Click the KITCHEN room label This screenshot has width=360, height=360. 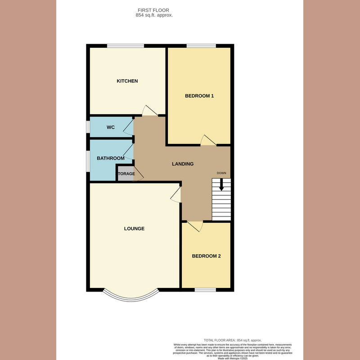tap(127, 81)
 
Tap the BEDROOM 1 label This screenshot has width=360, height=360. tap(199, 96)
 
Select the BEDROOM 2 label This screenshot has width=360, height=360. tap(206, 256)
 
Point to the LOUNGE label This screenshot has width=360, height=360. tap(134, 229)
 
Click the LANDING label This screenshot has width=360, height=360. tap(183, 164)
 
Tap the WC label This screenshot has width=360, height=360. tap(111, 127)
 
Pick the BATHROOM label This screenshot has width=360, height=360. tap(111, 158)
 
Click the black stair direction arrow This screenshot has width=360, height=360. tap(221, 184)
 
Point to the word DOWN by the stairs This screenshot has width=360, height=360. tap(221, 173)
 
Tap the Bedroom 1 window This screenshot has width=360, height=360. tap(201, 45)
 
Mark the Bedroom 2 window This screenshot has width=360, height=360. tap(205, 289)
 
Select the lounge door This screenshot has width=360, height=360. tap(176, 194)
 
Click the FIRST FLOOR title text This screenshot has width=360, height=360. tap(154, 10)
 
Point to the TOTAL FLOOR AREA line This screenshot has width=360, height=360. tap(233, 340)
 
